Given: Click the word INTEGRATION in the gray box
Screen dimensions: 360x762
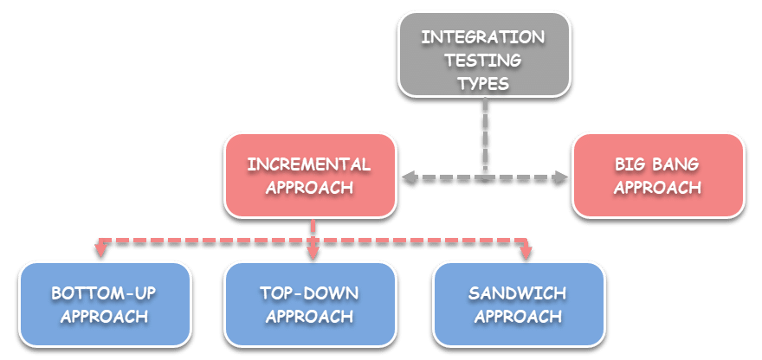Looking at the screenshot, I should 483,37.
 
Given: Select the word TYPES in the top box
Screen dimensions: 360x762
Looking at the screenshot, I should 483,84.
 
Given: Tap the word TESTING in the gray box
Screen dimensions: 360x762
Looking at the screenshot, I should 483,61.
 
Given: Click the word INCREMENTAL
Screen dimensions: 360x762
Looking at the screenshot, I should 309,164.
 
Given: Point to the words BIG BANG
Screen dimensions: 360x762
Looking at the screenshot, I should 657,164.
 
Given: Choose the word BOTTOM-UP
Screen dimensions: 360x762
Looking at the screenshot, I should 103,293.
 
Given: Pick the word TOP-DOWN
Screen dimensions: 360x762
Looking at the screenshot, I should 309,293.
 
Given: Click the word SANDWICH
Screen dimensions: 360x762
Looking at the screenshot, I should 518,293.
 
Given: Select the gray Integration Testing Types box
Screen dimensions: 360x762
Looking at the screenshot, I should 483,54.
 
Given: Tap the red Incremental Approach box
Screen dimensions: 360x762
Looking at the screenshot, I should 309,175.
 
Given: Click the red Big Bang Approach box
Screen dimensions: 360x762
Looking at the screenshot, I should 657,175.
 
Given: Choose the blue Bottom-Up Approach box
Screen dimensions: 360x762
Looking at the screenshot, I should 103,304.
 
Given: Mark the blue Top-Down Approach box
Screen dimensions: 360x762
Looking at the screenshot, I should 309,304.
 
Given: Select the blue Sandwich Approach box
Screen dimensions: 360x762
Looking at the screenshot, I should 518,304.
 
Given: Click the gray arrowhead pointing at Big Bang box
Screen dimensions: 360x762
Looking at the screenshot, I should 562,177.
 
